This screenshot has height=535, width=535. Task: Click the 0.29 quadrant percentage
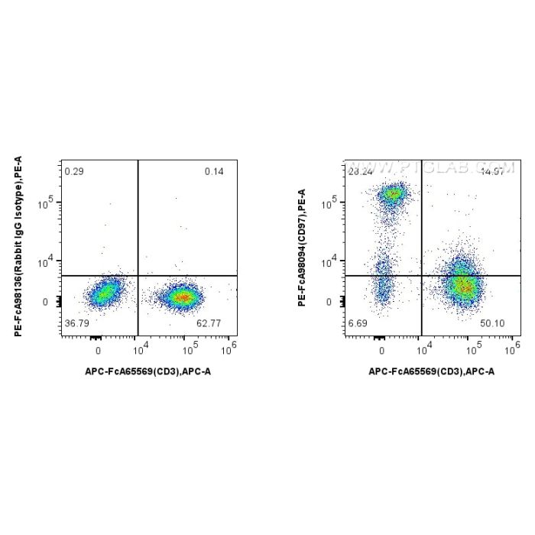pyautogui.click(x=74, y=171)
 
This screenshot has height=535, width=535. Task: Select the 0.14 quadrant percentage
pyautogui.click(x=214, y=171)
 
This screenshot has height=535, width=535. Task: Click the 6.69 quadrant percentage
pyautogui.click(x=358, y=324)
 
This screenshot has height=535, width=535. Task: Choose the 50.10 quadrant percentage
pyautogui.click(x=492, y=324)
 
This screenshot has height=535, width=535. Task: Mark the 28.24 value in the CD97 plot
pyautogui.click(x=360, y=172)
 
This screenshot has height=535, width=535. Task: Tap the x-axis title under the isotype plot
pyautogui.click(x=148, y=371)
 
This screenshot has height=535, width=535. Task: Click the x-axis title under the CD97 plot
pyautogui.click(x=432, y=371)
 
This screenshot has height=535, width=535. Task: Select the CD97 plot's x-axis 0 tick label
pyautogui.click(x=381, y=350)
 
